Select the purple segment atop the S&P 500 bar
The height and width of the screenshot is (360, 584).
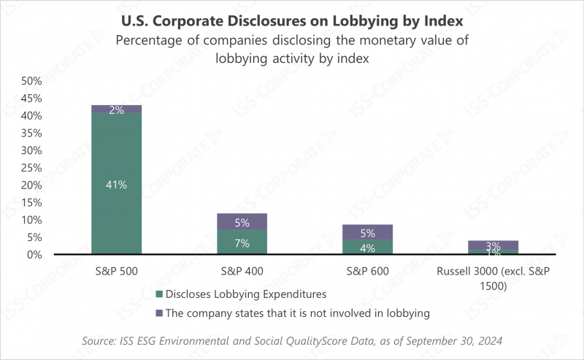tap(117, 110)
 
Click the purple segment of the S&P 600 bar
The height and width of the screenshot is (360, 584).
tap(367, 232)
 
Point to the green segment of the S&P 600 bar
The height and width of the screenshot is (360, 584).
tap(367, 247)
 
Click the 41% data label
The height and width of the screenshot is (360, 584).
tap(117, 185)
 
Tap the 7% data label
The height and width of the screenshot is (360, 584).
tap(242, 243)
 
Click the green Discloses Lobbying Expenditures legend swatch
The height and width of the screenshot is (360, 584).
tap(158, 294)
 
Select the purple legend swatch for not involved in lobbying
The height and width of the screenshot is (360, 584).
tap(158, 313)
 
